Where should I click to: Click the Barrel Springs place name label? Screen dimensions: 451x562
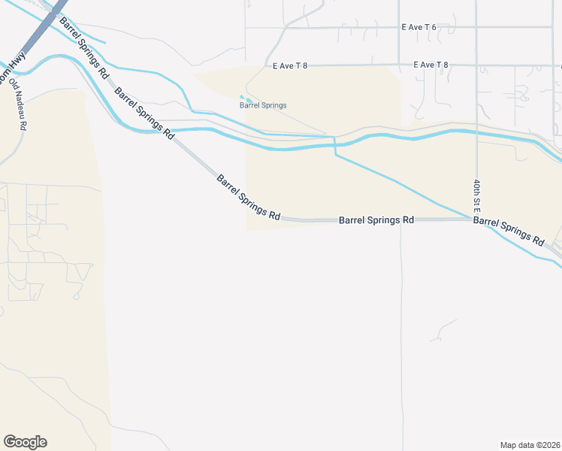(263, 105)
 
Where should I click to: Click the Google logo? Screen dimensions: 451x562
(25, 442)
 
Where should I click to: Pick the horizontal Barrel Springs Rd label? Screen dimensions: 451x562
(376, 220)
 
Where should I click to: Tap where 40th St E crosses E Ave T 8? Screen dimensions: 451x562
(476, 65)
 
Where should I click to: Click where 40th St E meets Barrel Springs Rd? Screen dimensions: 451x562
(476, 219)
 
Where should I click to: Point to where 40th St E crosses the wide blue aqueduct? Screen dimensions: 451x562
(476, 132)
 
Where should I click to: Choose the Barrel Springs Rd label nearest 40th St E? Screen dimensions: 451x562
(509, 231)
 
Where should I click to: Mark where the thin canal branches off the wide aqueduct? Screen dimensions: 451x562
(334, 142)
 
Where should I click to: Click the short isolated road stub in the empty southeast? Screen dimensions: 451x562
(446, 328)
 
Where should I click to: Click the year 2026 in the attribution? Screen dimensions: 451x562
(550, 444)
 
